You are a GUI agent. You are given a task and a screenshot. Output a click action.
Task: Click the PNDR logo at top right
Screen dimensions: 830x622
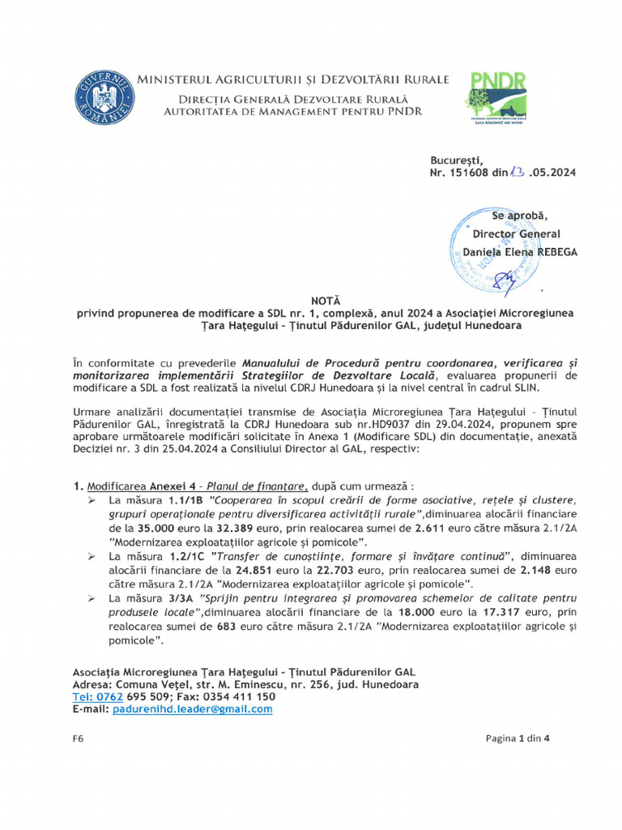(x=495, y=96)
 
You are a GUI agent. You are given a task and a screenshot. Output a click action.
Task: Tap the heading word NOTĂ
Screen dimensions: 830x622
(x=312, y=299)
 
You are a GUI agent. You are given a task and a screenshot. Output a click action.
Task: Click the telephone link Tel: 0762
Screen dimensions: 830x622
(x=97, y=696)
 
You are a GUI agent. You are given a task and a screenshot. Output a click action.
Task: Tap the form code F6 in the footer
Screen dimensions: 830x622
(x=78, y=738)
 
